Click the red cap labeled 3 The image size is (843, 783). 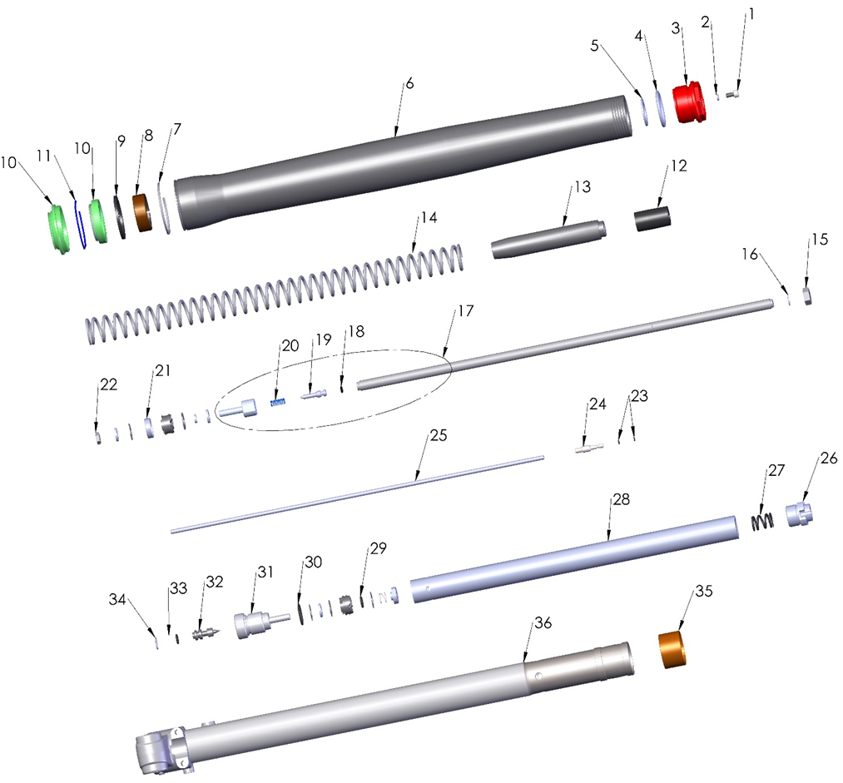[689, 105]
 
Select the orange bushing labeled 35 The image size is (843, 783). [677, 651]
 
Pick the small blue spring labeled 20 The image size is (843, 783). [279, 403]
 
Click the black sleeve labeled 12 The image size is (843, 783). [653, 221]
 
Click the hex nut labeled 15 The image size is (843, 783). [808, 296]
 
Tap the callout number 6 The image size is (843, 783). [409, 85]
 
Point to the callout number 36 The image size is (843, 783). [543, 622]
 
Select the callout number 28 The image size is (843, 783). [621, 500]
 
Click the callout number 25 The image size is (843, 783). [439, 436]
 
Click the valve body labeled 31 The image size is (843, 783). [250, 624]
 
